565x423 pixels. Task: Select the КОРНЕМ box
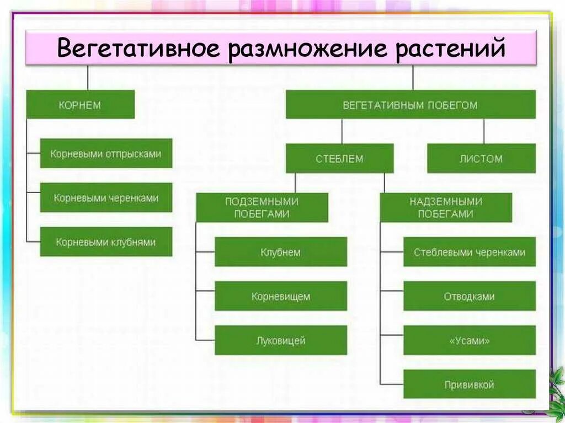pyautogui.click(x=81, y=105)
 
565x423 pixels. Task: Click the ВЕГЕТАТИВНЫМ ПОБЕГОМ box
pyautogui.click(x=410, y=105)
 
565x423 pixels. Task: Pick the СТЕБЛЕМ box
pyautogui.click(x=339, y=159)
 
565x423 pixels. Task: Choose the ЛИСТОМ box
pyautogui.click(x=481, y=159)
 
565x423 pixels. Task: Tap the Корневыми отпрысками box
pyautogui.click(x=106, y=153)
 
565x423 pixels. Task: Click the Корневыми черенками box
pyautogui.click(x=106, y=197)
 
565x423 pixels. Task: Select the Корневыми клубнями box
pyautogui.click(x=106, y=242)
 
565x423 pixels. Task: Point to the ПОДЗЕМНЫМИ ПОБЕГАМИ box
pyautogui.click(x=262, y=207)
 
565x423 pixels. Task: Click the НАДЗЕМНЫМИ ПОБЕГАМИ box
pyautogui.click(x=446, y=207)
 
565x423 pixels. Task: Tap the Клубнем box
pyautogui.click(x=281, y=252)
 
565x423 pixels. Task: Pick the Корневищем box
pyautogui.click(x=281, y=296)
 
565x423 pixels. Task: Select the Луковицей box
pyautogui.click(x=281, y=340)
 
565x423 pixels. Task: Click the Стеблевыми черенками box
pyautogui.click(x=470, y=252)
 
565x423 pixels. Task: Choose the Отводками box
pyautogui.click(x=470, y=296)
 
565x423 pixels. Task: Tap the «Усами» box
pyautogui.click(x=470, y=340)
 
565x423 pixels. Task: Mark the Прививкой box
pyautogui.click(x=470, y=384)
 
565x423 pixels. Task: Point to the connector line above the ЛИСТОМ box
pyautogui.click(x=484, y=131)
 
